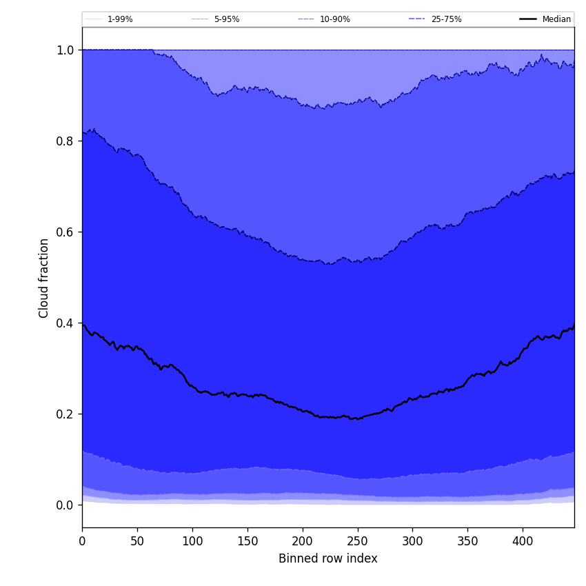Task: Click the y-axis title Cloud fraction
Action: pos(44,278)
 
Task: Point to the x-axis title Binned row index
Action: pos(328,558)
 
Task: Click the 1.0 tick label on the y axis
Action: pos(65,50)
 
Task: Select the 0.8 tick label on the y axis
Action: pos(65,141)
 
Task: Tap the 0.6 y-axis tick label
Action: pos(65,232)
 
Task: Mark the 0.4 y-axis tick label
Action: pos(65,323)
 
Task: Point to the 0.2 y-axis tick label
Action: pos(65,414)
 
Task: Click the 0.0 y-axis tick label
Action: pos(65,505)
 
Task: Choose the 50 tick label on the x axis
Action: pos(137,541)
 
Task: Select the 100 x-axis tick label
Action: pos(192,541)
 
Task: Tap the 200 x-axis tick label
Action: pos(303,541)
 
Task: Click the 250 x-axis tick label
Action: pos(357,541)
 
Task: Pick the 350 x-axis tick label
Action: pos(467,541)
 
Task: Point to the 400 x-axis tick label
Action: pos(523,541)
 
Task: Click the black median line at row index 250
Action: pos(357,418)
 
